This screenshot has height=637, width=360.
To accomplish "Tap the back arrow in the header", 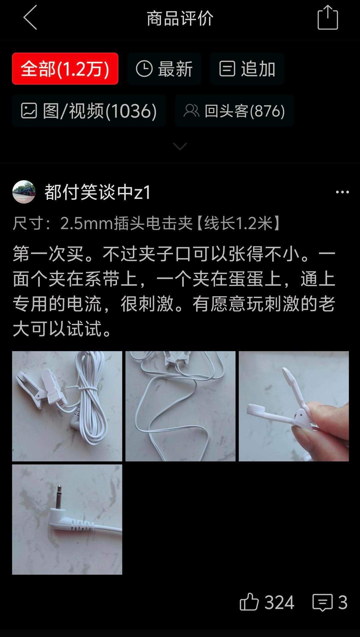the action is (x=30, y=18).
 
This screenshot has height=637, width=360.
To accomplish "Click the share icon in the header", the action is (x=328, y=17).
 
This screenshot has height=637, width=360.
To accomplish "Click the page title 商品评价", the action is (x=180, y=18).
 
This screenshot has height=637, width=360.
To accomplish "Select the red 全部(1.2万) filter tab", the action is (x=65, y=69).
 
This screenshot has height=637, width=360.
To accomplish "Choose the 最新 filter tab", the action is (x=164, y=69).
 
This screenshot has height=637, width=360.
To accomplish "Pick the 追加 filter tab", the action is (x=247, y=69).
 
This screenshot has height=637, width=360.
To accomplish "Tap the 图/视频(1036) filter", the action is (x=89, y=111).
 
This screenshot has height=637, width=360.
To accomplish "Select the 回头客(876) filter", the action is (x=234, y=111).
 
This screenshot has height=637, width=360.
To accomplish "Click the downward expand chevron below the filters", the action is (x=180, y=146).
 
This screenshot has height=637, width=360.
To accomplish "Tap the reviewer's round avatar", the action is (x=24, y=192).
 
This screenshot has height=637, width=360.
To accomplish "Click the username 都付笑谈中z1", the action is (x=98, y=192).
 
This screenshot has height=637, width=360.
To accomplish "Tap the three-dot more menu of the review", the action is (x=342, y=192).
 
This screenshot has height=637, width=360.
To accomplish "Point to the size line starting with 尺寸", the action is (x=147, y=223).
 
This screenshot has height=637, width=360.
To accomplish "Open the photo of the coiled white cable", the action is (x=67, y=406).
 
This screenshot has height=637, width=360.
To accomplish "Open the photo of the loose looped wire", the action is (x=180, y=406).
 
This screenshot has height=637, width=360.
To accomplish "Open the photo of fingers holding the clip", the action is (x=294, y=406).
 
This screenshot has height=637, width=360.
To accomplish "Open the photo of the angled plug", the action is (x=67, y=519).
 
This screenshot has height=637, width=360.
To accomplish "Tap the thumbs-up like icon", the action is (x=249, y=602).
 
